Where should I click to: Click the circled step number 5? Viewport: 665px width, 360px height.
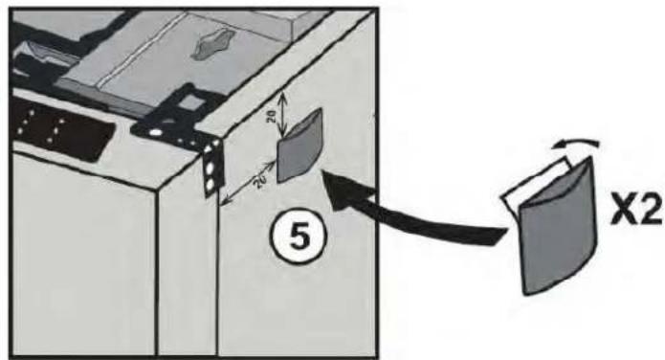coord(299,236)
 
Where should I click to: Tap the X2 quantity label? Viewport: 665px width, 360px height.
coord(636,210)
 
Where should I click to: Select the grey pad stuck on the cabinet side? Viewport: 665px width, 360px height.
coord(299,147)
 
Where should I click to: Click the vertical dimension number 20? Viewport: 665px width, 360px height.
coord(273,115)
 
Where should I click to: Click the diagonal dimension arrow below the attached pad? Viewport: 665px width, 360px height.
coord(248,183)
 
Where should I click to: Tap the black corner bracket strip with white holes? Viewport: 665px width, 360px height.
coord(213,168)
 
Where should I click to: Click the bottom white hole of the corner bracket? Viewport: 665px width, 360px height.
coord(210,185)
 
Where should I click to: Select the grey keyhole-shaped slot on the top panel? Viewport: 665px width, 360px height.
coord(213,44)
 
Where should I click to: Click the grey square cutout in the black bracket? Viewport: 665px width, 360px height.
coord(190,101)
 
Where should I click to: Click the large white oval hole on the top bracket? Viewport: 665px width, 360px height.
coord(156,132)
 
